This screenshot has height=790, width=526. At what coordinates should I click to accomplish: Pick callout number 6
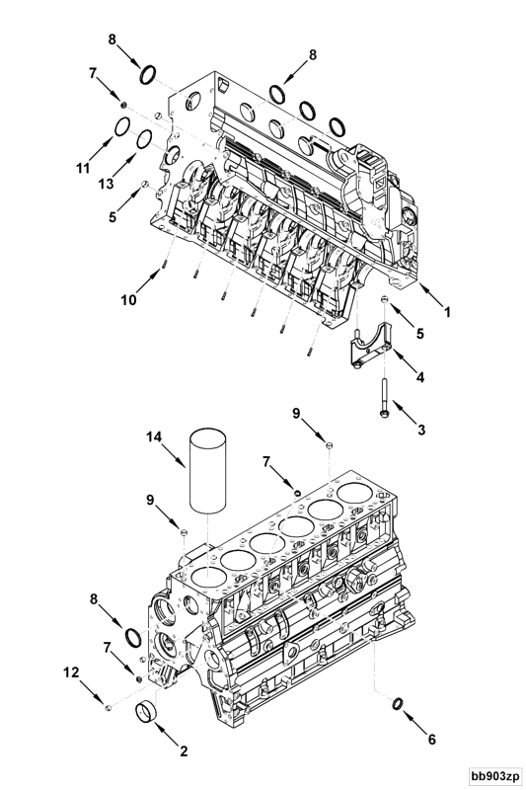[430, 738]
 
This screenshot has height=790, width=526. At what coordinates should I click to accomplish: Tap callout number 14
[153, 435]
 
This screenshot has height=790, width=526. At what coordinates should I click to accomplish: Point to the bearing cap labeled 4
[370, 353]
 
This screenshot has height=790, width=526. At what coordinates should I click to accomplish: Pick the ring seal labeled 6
[395, 703]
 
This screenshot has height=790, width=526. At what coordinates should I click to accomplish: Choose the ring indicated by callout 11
[121, 126]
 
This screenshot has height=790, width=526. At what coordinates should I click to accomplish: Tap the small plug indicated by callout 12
[111, 706]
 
